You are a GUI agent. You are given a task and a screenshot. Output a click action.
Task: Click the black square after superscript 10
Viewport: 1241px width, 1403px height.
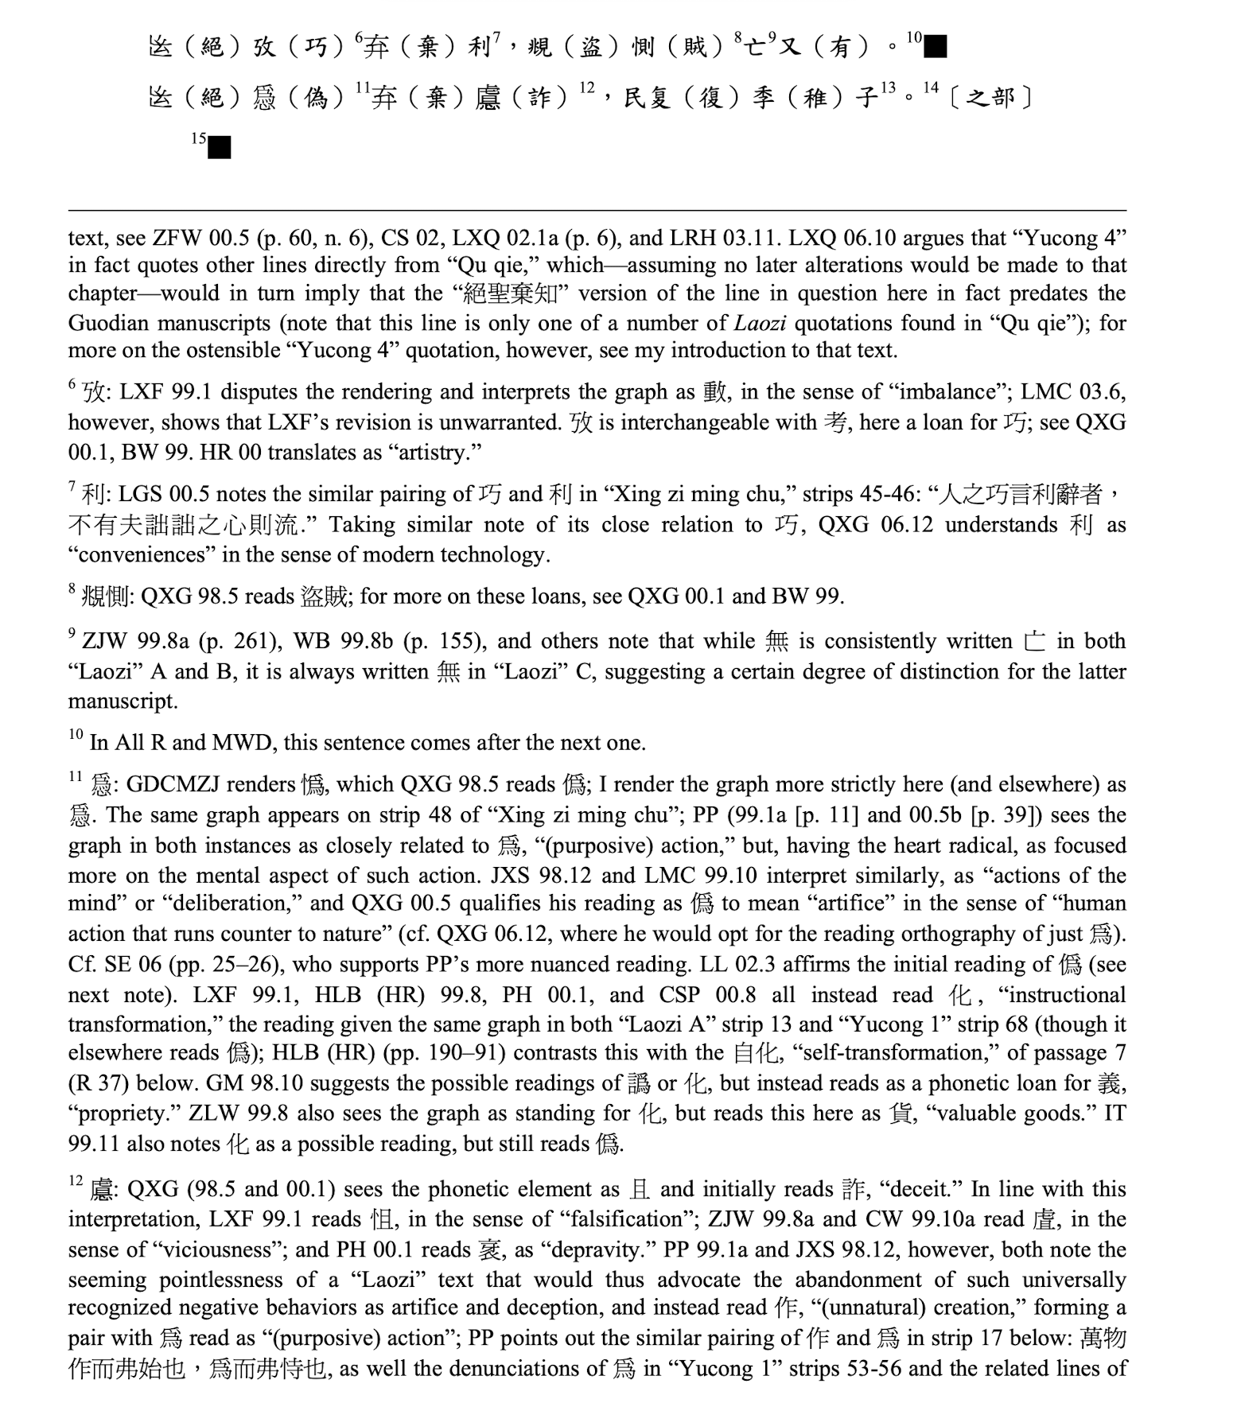pos(936,47)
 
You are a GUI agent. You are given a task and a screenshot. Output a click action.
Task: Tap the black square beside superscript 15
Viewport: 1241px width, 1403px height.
pos(219,147)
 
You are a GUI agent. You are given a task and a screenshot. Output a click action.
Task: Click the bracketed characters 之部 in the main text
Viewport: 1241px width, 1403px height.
pos(991,98)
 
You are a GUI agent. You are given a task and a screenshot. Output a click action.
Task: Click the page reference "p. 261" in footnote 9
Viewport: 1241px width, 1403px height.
pos(231,642)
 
